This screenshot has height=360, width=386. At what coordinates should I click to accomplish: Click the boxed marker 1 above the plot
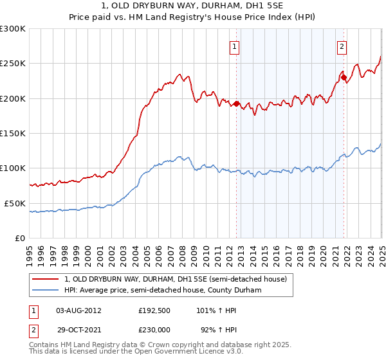point(235,46)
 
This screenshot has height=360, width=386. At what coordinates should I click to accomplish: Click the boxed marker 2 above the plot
point(342,46)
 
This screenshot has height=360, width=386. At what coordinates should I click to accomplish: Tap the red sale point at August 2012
point(236,104)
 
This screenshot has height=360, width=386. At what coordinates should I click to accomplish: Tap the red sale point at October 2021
point(344,77)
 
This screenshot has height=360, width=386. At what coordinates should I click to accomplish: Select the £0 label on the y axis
point(21,238)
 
